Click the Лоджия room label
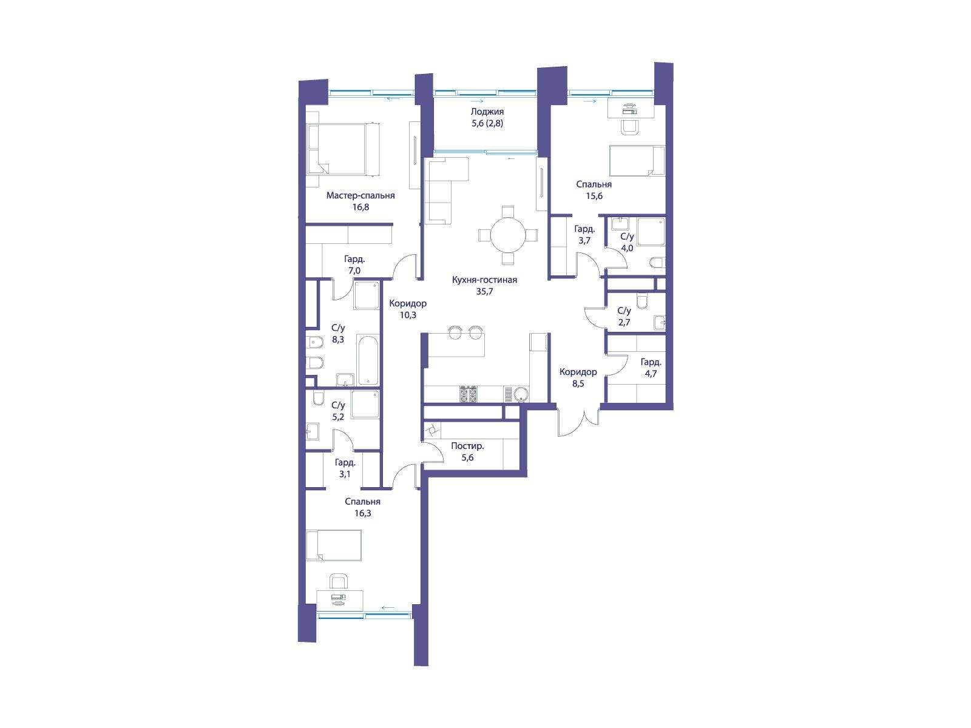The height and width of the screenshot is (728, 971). [487, 112]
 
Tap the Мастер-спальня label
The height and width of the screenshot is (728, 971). [360, 195]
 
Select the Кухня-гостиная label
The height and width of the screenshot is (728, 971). [484, 280]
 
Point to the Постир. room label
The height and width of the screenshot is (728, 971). [467, 446]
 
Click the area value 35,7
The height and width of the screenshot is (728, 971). [484, 292]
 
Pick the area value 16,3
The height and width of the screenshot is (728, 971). [362, 513]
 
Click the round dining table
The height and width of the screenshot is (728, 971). [508, 235]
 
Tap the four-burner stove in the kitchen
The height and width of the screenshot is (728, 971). [469, 394]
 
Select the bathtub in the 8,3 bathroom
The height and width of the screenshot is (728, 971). [368, 361]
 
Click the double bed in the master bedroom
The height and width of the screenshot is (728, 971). [343, 149]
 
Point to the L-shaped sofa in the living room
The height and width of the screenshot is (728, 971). [445, 190]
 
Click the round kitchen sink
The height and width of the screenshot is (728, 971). [521, 393]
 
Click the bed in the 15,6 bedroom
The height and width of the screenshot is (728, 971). [637, 161]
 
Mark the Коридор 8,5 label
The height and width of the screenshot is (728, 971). [578, 378]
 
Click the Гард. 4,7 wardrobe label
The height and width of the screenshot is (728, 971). [651, 368]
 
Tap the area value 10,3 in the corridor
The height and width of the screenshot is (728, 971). [408, 315]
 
